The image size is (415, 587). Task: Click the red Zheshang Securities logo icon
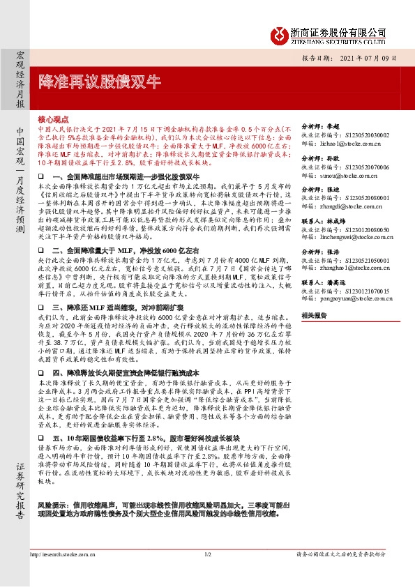(x=280, y=34)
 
